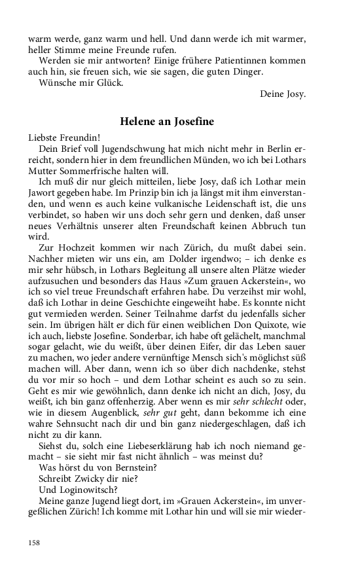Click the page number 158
coord(34,543)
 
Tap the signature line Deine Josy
coord(283,94)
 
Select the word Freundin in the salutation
coord(75,137)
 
